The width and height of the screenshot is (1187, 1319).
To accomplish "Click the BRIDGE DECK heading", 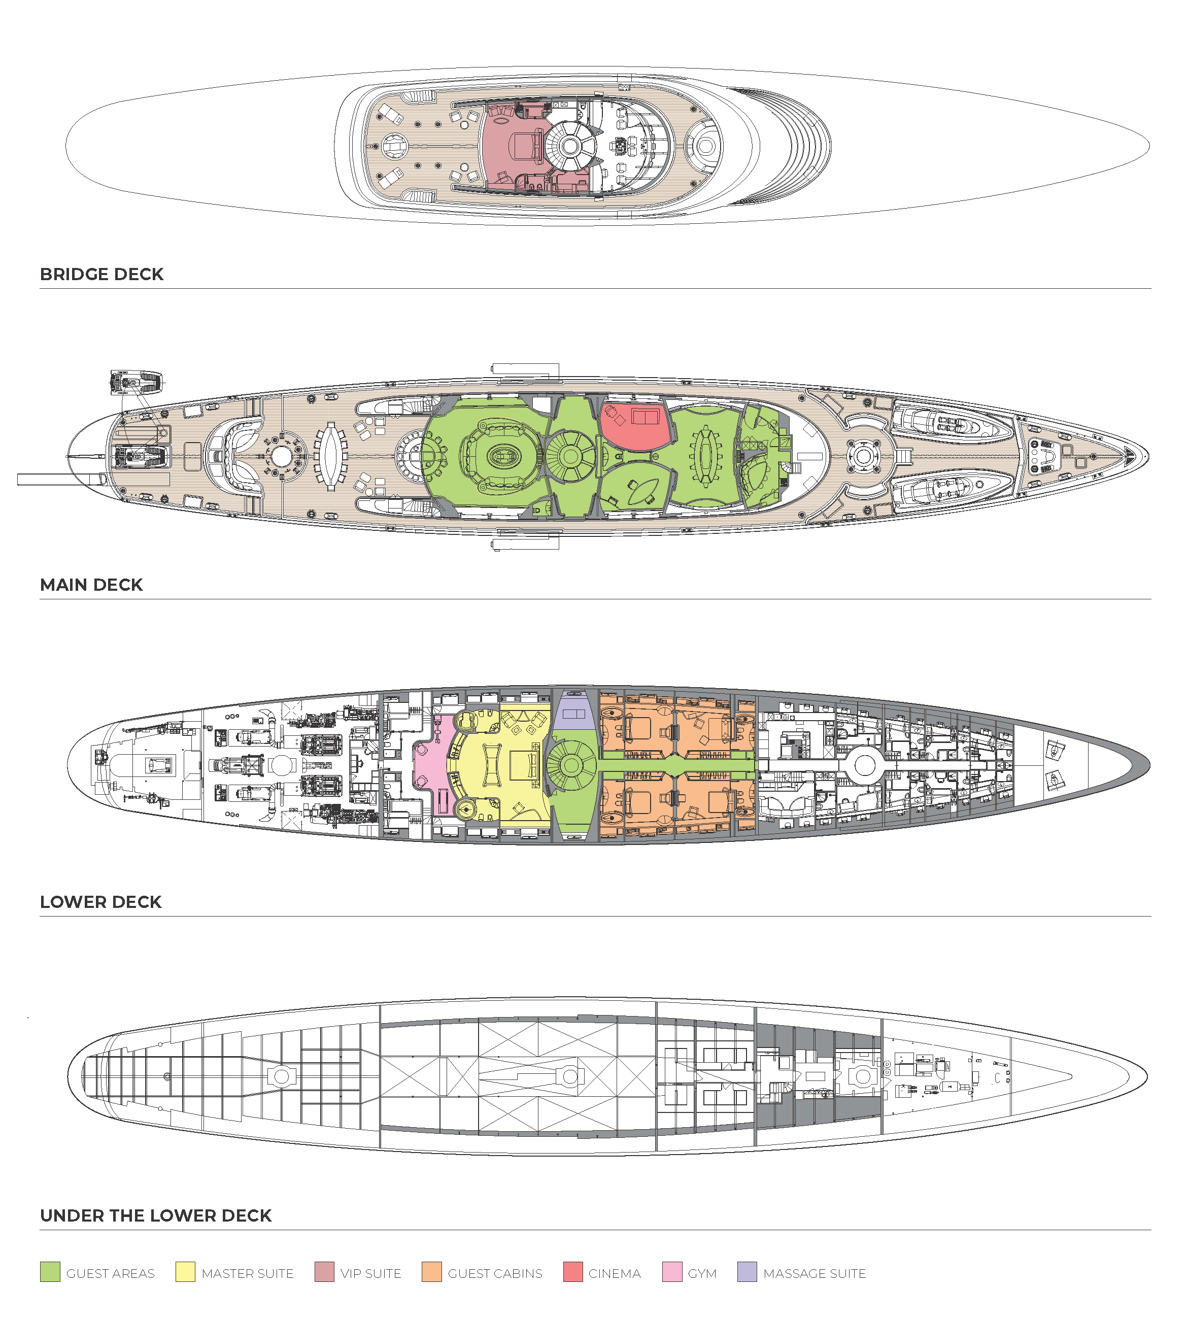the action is pos(101,274).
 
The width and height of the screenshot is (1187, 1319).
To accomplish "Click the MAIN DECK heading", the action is pos(91,585).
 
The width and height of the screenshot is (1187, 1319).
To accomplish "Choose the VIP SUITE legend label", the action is pos(370,1273).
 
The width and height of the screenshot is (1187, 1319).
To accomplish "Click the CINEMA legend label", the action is pos(615,1273).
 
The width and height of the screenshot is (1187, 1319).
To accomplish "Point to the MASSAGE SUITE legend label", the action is pos(815,1273).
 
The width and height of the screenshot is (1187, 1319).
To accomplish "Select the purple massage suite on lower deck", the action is pos(574,713).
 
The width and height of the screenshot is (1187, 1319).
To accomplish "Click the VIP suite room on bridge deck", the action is pos(515,147).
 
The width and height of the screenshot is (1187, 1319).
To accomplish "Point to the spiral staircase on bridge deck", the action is pos(570,146).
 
